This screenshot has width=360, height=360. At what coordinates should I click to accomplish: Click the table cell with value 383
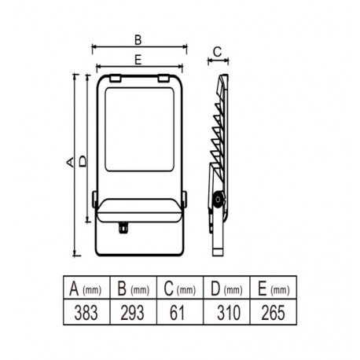pos(86,312)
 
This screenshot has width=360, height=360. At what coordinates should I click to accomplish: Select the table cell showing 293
pos(133,312)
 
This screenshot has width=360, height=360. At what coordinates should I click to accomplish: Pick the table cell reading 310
pos(226,312)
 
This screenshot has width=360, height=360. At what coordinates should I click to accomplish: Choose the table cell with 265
pos(274,312)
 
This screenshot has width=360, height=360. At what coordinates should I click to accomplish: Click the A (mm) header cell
pos(86,288)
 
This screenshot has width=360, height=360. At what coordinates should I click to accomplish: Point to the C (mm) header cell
pos(180,288)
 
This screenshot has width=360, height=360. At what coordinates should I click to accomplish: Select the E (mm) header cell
pos(274,288)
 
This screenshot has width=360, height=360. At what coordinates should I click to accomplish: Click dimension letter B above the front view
pos(138,40)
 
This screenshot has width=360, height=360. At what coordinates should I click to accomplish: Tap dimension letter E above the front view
pos(138,60)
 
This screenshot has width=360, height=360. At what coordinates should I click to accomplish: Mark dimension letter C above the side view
pos(217,52)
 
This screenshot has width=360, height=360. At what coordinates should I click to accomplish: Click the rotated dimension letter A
pos(70,162)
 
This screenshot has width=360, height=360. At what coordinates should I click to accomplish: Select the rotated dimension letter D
pos(83,161)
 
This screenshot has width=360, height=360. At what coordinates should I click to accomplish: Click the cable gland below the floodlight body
pos(123,228)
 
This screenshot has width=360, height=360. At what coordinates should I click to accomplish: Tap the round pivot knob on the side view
pos(219,200)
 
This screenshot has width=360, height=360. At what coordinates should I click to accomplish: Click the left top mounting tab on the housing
pos(115,79)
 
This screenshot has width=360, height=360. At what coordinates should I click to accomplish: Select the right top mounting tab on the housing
pos(163,79)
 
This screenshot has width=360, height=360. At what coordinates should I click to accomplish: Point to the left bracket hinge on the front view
pos(94,200)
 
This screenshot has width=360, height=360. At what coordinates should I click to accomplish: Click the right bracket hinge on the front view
pos(185,200)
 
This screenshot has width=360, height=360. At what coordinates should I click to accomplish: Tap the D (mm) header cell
pos(226,288)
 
